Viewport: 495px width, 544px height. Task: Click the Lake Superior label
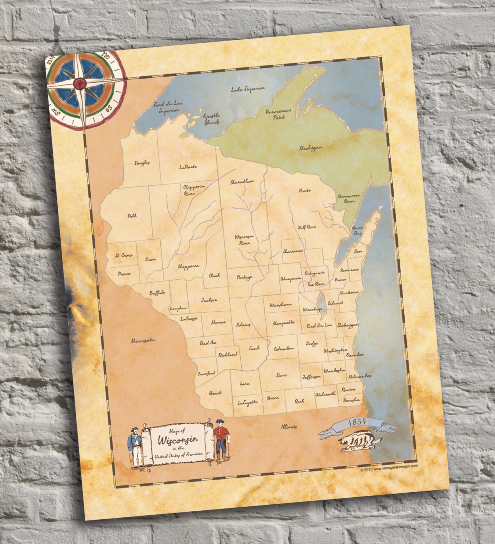[x=248, y=89]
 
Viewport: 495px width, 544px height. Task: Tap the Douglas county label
[x=142, y=163]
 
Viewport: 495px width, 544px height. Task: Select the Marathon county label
[x=242, y=181]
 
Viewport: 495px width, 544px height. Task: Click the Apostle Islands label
[x=212, y=119]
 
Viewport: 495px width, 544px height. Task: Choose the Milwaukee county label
[x=360, y=376]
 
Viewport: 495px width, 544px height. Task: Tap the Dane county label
[x=281, y=375]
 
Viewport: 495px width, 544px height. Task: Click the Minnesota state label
[x=143, y=341]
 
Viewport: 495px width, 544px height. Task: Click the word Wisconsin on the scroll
[x=178, y=440]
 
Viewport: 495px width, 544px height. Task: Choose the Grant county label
[x=215, y=393]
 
